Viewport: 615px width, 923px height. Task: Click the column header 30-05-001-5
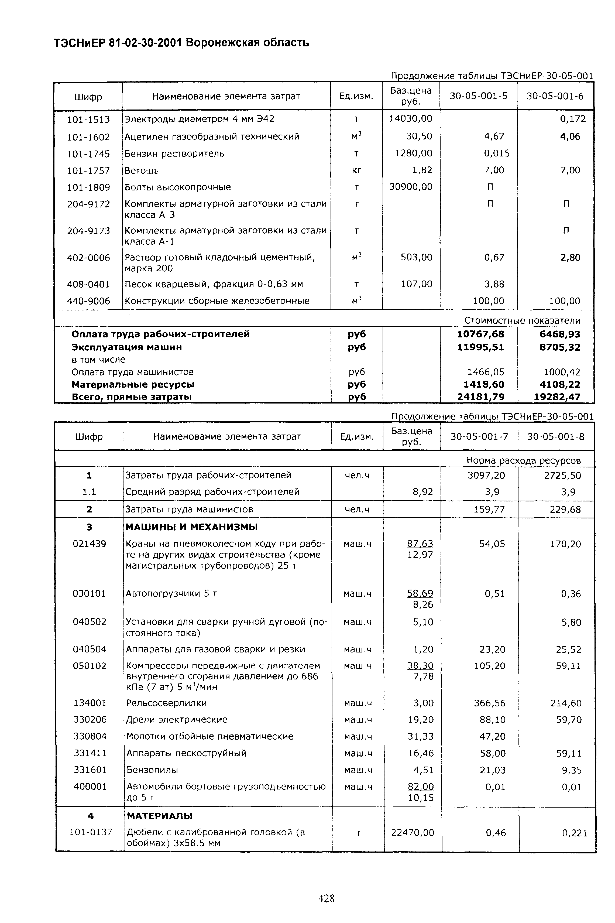click(x=478, y=96)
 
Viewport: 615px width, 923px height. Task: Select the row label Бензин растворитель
click(x=174, y=153)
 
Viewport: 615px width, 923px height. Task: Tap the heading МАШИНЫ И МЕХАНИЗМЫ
click(x=191, y=527)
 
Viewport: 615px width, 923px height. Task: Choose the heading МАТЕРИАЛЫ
click(x=159, y=816)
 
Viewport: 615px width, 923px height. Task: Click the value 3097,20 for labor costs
click(x=486, y=476)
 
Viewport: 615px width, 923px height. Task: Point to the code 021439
click(x=90, y=544)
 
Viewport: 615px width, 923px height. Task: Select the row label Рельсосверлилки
click(x=166, y=703)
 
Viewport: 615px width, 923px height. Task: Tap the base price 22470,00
click(x=413, y=832)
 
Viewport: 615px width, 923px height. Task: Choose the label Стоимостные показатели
click(x=522, y=320)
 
